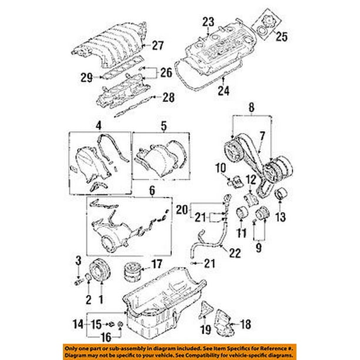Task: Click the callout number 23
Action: pos(208,22)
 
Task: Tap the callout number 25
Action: pos(282,36)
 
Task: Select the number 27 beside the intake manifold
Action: pos(158,45)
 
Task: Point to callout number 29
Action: pos(86,78)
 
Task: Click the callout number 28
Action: pos(168,97)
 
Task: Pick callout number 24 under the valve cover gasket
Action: pos(224,91)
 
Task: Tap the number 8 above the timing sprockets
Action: pos(251,107)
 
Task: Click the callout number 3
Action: pos(78,261)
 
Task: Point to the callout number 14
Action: pos(78,324)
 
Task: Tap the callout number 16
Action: pos(106,337)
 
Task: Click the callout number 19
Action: pos(206,330)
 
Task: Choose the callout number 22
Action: pos(235,254)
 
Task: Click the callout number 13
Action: pos(281,217)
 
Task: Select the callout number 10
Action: pos(221,168)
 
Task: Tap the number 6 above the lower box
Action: pos(152,191)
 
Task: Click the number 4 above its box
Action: pos(98,125)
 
